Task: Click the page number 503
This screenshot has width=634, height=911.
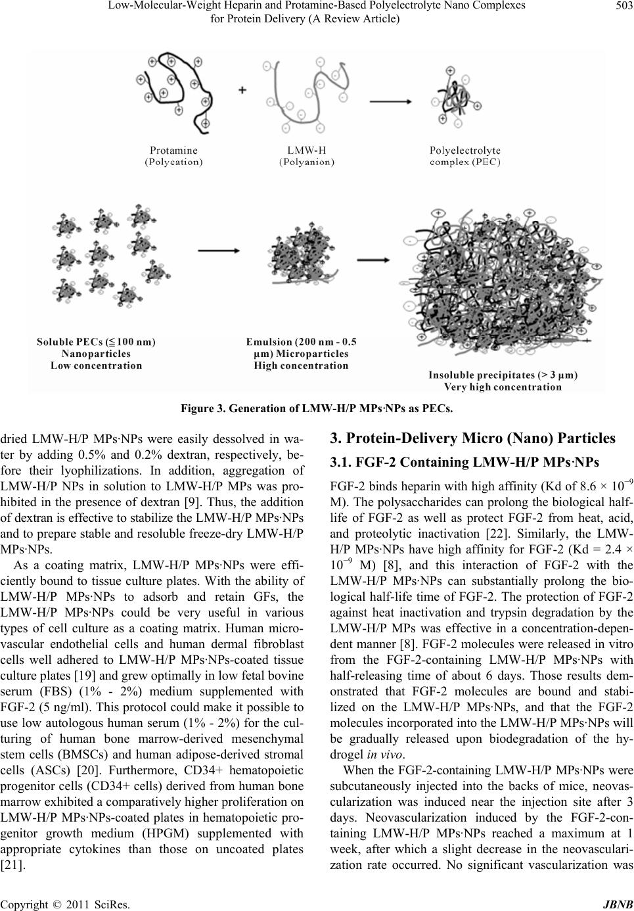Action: click(618, 7)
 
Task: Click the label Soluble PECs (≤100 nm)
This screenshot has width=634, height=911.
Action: click(96, 342)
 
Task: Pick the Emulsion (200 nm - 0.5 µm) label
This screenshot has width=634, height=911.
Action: click(301, 342)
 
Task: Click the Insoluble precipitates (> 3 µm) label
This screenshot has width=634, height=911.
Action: click(503, 375)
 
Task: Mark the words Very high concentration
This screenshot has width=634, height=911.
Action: click(503, 387)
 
